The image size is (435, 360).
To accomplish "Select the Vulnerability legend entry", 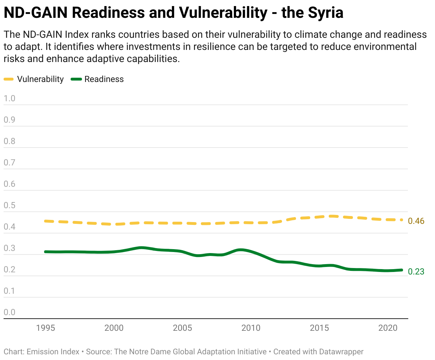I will tap(40, 79).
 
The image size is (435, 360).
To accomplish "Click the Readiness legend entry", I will tap(104, 79).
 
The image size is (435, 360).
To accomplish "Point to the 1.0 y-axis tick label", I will tap(10, 98).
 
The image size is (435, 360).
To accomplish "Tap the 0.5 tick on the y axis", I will tap(10, 205).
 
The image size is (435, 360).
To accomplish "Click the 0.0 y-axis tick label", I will tap(10, 312).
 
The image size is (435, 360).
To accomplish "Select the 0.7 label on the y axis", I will tap(10, 163).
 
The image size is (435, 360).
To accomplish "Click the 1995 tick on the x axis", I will tap(46, 328).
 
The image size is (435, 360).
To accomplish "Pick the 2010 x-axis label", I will tap(251, 328).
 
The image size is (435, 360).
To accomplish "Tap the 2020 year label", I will tap(388, 328).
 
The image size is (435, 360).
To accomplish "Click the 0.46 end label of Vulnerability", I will tap(416, 221).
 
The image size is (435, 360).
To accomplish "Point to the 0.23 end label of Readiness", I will tap(416, 272).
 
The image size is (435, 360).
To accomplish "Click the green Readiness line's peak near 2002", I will tap(142, 247).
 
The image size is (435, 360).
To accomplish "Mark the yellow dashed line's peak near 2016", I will tap(333, 216).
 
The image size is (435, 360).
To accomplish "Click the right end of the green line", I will tap(401, 270).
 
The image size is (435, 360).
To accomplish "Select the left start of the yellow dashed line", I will tap(46, 221).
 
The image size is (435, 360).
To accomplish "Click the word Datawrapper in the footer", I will tap(341, 352).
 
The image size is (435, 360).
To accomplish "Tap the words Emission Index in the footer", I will tap(53, 352).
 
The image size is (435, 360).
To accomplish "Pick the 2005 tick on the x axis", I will tap(182, 328).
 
